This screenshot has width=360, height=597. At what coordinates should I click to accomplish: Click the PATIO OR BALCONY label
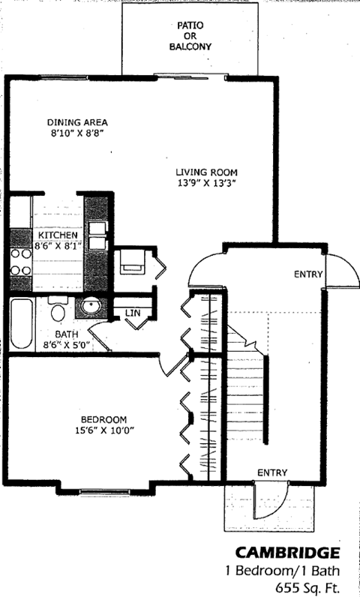(190, 36)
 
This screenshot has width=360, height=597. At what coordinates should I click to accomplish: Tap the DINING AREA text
(77, 122)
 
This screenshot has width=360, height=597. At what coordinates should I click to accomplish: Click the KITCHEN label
(58, 235)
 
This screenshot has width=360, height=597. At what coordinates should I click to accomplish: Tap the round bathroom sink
(91, 306)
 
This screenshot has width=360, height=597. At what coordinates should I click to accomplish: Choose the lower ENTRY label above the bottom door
(271, 472)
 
